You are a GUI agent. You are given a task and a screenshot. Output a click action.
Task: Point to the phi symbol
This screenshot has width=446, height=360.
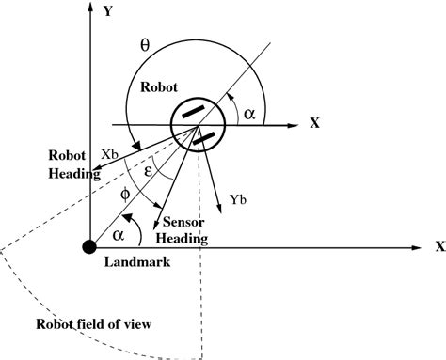(128, 196)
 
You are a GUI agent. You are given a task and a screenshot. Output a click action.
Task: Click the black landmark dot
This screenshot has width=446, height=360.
(88, 247)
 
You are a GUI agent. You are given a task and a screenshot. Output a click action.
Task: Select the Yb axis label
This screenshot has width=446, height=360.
(238, 199)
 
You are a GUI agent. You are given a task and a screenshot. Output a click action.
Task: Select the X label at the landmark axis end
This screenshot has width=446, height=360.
(438, 247)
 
